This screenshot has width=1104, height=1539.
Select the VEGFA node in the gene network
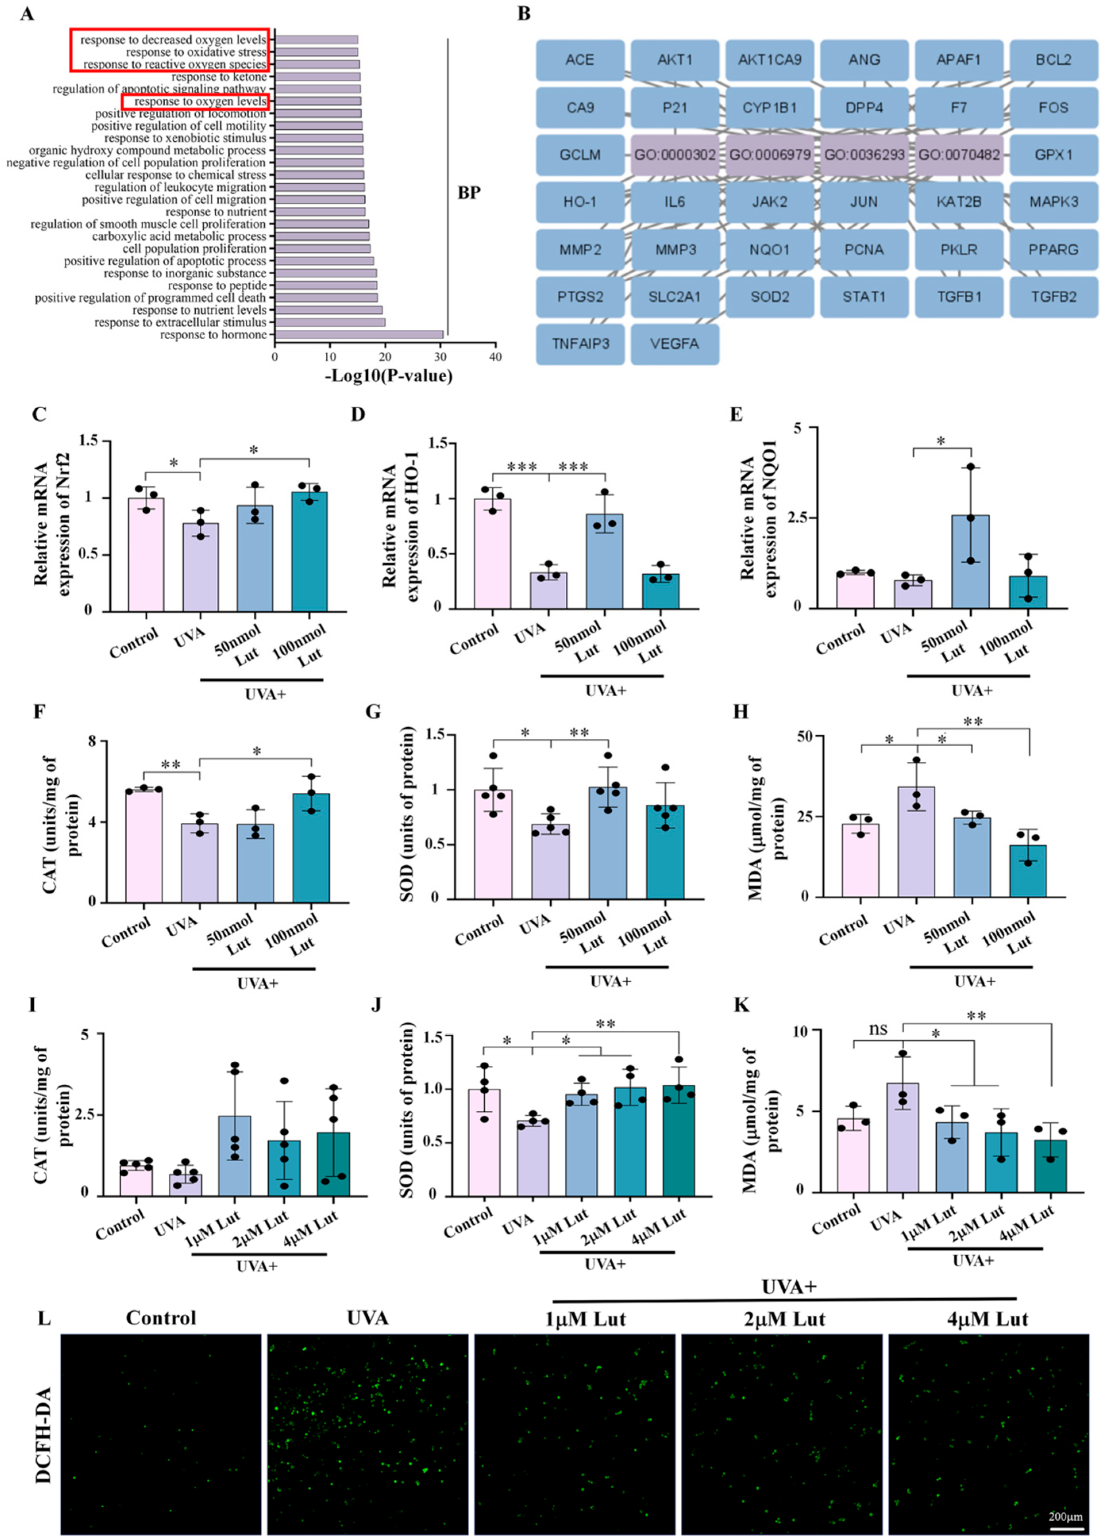point(674,343)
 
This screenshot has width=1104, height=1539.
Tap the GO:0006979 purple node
point(769,155)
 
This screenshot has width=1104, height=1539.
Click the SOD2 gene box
point(769,296)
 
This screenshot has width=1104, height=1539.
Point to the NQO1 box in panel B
point(769,250)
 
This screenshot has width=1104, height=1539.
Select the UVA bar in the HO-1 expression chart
point(549,590)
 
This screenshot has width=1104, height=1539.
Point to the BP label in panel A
point(468,193)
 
